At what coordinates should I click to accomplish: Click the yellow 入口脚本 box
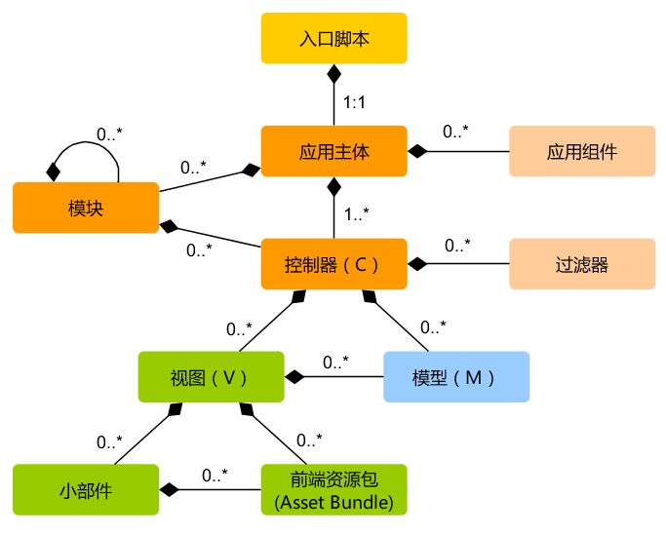coord(333,38)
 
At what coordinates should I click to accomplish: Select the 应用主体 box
coord(333,151)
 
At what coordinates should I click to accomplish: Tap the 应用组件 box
coord(581,151)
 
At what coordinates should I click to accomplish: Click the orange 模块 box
coord(86,208)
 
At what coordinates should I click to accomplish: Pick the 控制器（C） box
coord(333,264)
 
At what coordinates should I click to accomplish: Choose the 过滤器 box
coord(581,264)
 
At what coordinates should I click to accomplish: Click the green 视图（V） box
coord(211,377)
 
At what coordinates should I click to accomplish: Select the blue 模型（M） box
coord(455,377)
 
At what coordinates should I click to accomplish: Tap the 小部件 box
coord(86,490)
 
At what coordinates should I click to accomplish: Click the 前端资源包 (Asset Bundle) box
coord(333,490)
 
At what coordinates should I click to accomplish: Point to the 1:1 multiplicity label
coord(355,100)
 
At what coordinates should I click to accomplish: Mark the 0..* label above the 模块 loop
coord(109,133)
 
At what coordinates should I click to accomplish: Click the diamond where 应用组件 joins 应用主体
coord(418,151)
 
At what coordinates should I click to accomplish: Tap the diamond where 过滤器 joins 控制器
coord(418,264)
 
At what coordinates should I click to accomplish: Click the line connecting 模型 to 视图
coord(341,377)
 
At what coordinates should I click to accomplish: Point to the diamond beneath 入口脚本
coord(333,74)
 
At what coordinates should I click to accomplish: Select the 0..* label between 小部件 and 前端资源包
coord(215,475)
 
